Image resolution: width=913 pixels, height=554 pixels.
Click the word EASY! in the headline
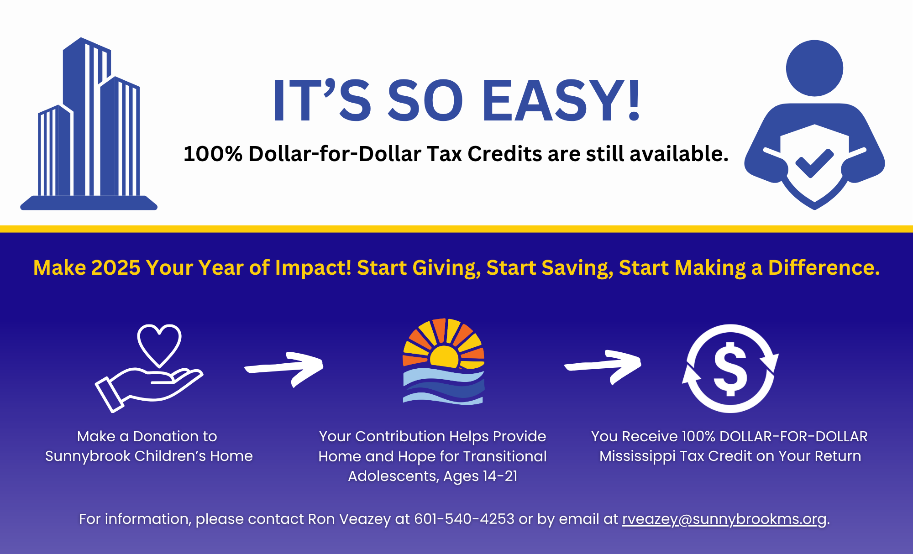(561, 100)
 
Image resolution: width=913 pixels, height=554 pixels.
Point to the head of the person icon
(814, 68)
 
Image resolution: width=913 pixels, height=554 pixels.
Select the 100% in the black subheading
(213, 154)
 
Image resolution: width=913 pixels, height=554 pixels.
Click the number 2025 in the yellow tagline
(115, 267)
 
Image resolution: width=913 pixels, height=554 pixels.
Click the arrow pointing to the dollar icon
(603, 366)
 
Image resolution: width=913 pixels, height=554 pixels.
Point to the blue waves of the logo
(444, 386)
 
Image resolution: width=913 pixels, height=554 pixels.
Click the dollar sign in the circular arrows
(730, 369)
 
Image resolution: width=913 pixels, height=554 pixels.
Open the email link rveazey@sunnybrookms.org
(724, 519)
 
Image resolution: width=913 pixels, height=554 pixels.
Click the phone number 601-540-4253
(464, 519)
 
